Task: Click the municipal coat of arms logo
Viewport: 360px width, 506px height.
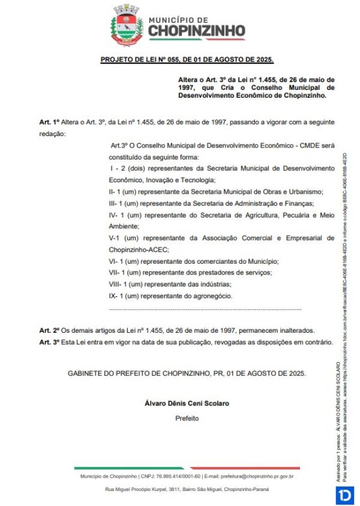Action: click(127, 26)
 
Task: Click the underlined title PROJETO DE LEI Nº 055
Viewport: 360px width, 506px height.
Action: click(187, 61)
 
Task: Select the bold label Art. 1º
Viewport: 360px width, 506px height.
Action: click(48, 122)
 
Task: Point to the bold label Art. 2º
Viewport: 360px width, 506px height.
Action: click(48, 330)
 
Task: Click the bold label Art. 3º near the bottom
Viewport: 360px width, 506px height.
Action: click(48, 342)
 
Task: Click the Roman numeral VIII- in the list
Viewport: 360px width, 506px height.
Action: click(116, 284)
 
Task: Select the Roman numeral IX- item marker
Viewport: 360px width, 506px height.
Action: click(114, 296)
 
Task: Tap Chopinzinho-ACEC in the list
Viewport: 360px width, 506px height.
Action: click(139, 249)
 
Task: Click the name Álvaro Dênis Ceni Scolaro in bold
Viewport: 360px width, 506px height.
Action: click(187, 403)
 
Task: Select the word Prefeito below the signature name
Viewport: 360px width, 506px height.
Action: click(187, 418)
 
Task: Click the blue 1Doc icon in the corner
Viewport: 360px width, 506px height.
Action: click(345, 495)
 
